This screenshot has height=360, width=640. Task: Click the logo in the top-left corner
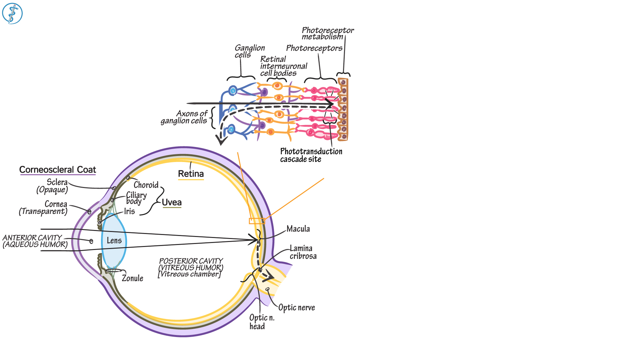point(12,14)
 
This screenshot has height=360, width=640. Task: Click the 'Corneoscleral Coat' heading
point(57,170)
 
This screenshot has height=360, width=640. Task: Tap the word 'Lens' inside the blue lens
point(114,240)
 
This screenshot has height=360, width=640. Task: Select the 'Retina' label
point(191,174)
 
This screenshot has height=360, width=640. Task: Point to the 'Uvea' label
point(172,202)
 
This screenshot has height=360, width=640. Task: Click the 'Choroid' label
point(146,185)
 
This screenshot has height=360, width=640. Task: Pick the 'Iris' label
point(129,211)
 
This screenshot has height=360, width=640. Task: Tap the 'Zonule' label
point(132,278)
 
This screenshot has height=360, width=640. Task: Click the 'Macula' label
point(298,229)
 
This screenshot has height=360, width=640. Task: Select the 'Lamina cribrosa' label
point(303,252)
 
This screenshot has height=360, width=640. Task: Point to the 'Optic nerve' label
point(296,307)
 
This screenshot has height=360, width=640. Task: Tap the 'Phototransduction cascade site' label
point(311,155)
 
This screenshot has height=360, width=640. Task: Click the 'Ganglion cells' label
point(249,51)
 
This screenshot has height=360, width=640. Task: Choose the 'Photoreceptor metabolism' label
point(327,33)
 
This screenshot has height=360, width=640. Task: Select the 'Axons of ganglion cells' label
point(184,117)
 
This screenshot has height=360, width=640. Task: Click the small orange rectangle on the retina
point(257,221)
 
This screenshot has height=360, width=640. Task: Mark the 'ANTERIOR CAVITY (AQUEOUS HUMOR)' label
point(35,241)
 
